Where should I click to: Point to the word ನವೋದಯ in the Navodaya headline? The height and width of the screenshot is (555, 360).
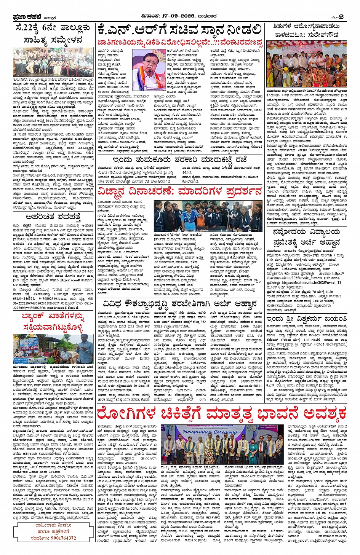[292, 232]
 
